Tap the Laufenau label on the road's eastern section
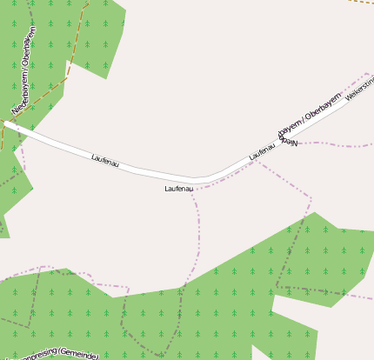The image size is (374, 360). click(x=262, y=150)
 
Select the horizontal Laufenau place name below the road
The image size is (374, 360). click(x=178, y=189)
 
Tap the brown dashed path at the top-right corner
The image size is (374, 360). click(x=360, y=2)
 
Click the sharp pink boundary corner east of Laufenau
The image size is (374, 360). click(x=311, y=198)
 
